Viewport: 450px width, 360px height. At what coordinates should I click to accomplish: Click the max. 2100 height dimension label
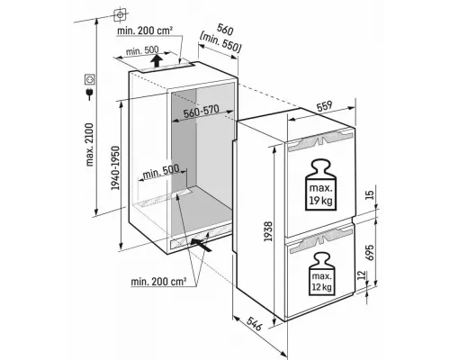point(90,144)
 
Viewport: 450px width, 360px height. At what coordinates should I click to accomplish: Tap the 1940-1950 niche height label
point(115,168)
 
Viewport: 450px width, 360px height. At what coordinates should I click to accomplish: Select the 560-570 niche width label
point(202,112)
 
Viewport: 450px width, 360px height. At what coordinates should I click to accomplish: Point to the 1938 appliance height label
point(268,231)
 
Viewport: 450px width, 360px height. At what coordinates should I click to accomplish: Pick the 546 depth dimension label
point(254,322)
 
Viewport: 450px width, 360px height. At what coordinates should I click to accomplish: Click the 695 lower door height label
point(370,253)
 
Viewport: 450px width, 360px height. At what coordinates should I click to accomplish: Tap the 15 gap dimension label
point(370,195)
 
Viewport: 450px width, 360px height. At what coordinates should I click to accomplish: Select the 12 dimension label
point(363,274)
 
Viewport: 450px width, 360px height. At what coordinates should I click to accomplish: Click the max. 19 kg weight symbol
point(321,185)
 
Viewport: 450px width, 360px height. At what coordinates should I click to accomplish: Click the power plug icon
point(89,94)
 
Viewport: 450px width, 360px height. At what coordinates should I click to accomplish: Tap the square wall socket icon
point(89,79)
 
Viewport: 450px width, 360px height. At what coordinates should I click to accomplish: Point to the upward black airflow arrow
point(156,60)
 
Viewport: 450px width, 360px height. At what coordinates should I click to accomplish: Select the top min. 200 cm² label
point(145,31)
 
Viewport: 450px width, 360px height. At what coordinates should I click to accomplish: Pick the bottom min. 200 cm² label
point(158,282)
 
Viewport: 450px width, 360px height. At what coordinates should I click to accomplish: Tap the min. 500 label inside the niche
point(160,172)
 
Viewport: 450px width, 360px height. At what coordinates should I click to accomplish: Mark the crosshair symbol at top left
point(120,15)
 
